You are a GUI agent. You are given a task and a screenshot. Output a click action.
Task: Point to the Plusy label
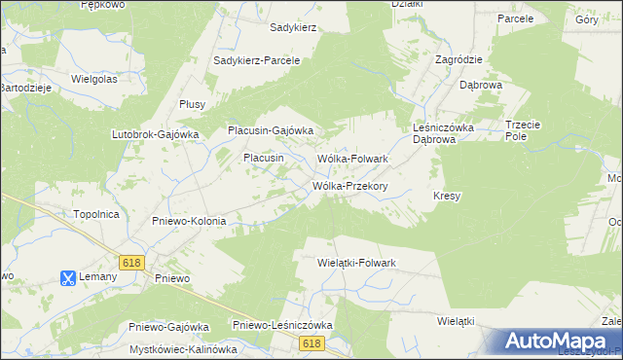[x=192, y=107]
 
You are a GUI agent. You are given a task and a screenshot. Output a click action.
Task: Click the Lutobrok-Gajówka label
[x=156, y=134]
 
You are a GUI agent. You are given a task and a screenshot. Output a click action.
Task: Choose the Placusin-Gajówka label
[x=270, y=130]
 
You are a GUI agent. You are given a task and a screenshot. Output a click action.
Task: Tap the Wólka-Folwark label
[x=353, y=158]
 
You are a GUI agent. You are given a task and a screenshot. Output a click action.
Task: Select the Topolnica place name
[x=96, y=213]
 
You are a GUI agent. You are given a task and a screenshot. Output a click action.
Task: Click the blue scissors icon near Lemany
[x=67, y=278]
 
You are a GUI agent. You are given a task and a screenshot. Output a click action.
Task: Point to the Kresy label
[x=446, y=196]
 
